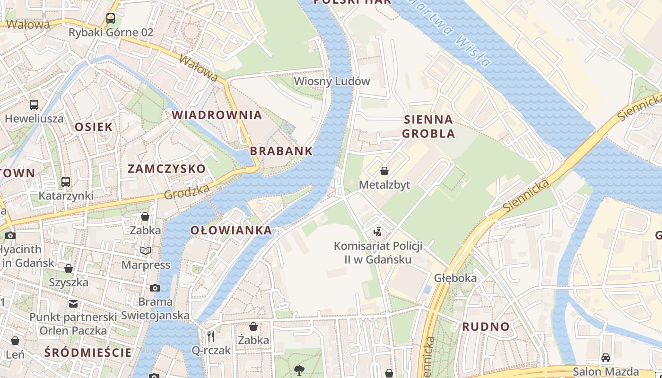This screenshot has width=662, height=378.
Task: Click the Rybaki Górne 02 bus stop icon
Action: point(111,18)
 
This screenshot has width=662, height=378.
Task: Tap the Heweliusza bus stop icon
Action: point(34,105)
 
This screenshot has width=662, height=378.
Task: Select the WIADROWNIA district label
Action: point(217,115)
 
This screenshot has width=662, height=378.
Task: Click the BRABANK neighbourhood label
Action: point(281,151)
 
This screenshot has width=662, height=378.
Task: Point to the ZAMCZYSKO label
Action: point(166,169)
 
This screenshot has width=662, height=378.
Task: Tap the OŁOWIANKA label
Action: point(231,231)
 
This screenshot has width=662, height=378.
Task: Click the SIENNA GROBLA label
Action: point(429,126)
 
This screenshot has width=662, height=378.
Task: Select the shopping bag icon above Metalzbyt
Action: point(384,171)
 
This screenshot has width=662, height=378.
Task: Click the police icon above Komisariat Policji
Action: point(377,232)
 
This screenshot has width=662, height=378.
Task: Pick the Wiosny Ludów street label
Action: point(332,81)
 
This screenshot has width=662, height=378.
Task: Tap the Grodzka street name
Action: point(186,191)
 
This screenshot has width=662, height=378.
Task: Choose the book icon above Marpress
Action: point(146,250)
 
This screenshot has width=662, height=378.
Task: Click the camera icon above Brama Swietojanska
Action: point(155,288)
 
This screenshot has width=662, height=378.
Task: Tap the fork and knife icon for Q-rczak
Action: point(211,336)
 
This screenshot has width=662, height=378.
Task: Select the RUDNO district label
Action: point(486,326)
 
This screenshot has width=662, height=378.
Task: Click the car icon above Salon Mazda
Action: point(606,358)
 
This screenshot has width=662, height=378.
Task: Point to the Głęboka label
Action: point(455,278)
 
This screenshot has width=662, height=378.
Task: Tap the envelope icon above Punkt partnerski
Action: point(73,303)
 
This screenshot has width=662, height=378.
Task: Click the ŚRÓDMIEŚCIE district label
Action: point(88,352)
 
